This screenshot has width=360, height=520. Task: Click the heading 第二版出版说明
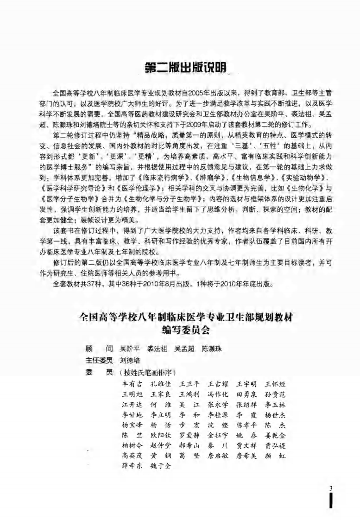[x=185, y=68]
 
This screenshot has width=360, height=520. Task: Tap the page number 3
[x=331, y=488]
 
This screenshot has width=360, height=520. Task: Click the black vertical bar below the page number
[x=330, y=502]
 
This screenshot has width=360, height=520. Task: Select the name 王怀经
[x=275, y=384]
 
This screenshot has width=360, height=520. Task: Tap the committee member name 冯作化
[x=218, y=394]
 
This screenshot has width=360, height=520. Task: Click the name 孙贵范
[x=275, y=394]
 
